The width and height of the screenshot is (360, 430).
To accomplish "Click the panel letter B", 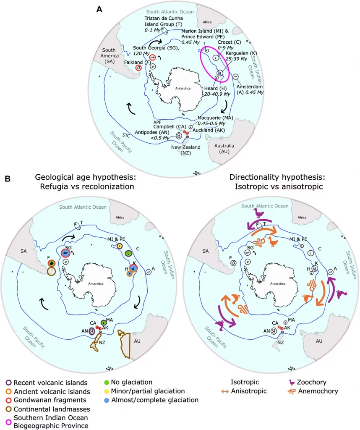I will pyautogui.click(x=8, y=179).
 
